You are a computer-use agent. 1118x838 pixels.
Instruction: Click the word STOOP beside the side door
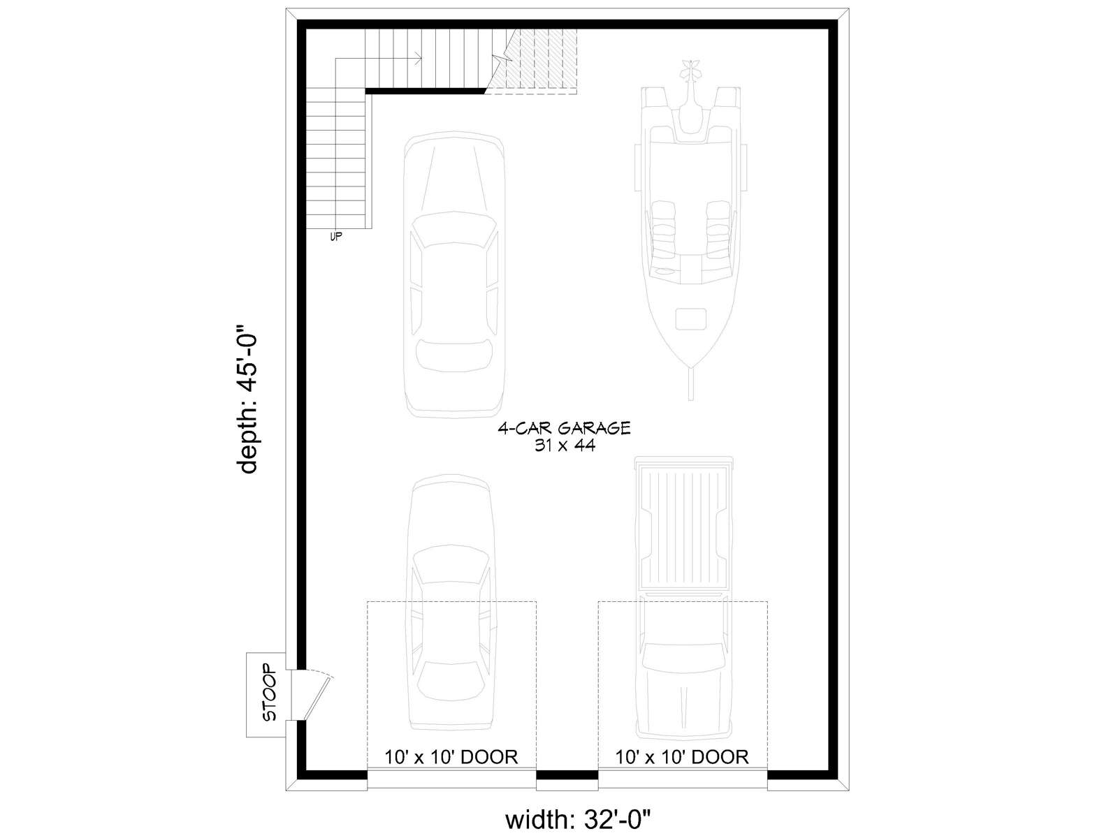(x=269, y=693)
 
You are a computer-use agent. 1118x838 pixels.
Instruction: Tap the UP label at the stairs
(x=335, y=236)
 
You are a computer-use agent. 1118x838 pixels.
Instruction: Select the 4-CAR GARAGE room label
(x=564, y=428)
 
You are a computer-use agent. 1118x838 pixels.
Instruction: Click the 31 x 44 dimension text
(x=565, y=446)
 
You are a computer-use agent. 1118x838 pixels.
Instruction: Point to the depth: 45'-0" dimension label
(x=247, y=400)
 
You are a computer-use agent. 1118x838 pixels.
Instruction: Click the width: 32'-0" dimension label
(x=578, y=820)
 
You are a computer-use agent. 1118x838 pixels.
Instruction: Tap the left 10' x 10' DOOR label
(x=451, y=757)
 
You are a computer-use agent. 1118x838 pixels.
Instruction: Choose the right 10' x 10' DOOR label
(x=682, y=757)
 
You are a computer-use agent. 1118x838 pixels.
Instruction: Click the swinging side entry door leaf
(x=317, y=696)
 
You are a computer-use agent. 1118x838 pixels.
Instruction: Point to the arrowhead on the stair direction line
(x=419, y=59)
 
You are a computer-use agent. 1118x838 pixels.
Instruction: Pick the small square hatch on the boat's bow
(x=690, y=319)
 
